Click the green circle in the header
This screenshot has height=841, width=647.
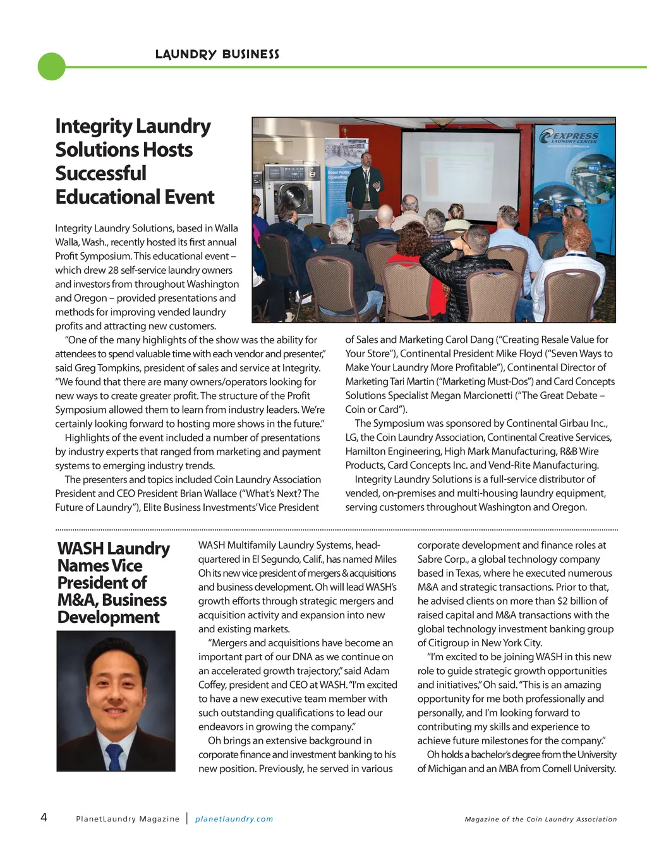tap(52, 66)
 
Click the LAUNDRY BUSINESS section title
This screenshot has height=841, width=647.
tap(217, 54)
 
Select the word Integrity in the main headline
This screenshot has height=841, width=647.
tap(94, 126)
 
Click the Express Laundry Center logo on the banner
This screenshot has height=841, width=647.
tap(569, 137)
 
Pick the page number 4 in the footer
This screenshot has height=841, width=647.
tap(44, 817)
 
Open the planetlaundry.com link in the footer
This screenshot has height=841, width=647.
tap(234, 819)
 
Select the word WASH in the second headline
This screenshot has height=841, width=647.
tap(80, 548)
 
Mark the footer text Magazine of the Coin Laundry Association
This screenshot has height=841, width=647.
tap(540, 820)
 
